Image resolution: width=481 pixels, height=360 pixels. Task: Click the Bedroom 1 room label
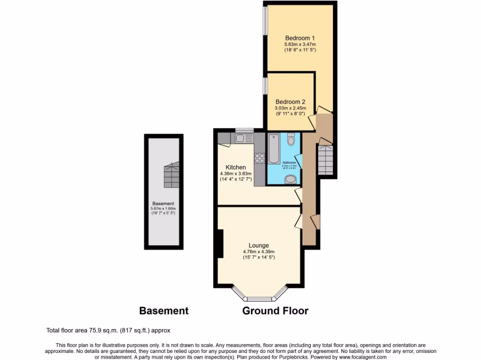[300, 38]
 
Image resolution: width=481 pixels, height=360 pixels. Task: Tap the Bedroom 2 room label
[290, 102]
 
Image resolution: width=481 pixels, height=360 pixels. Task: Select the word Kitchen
[235, 167]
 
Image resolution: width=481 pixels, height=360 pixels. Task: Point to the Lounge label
[259, 245]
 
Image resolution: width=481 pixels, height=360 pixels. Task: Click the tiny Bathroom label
[289, 163]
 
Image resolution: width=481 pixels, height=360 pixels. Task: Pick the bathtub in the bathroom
[273, 149]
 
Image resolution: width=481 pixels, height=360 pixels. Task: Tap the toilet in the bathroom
[291, 139]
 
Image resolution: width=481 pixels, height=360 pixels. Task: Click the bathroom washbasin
[291, 179]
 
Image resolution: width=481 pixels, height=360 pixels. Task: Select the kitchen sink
[244, 138]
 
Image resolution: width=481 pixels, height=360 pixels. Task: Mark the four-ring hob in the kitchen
[259, 158]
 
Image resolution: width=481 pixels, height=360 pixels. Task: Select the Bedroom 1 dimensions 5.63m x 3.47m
[300, 45]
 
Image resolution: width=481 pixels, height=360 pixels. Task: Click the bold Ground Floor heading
[275, 310]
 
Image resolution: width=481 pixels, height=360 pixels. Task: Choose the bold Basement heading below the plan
[164, 310]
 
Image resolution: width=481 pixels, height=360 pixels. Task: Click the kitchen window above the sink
[244, 130]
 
